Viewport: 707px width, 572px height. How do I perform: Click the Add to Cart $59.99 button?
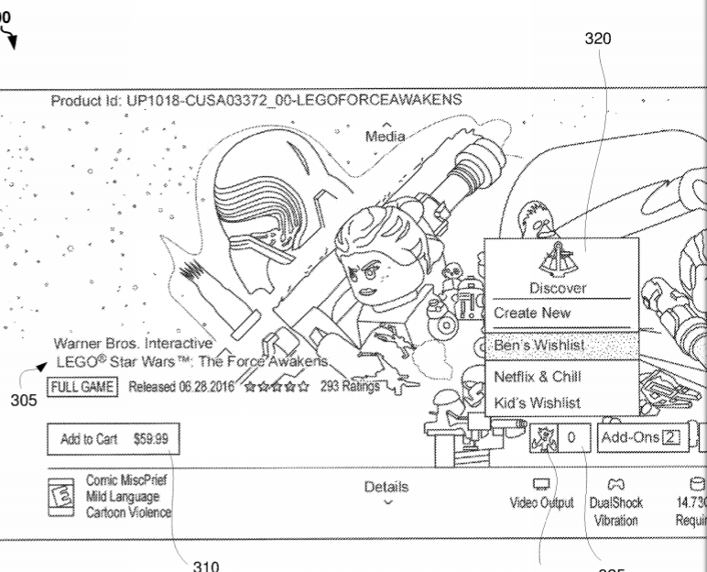click(x=114, y=439)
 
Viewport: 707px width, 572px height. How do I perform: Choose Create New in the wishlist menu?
click(x=532, y=313)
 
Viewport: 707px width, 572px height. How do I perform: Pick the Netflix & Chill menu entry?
click(x=538, y=376)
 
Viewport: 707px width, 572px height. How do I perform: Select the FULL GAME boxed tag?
click(x=83, y=386)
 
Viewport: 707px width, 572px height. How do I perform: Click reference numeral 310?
click(x=210, y=566)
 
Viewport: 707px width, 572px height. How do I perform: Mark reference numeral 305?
click(x=16, y=400)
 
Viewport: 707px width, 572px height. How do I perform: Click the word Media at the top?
click(x=386, y=136)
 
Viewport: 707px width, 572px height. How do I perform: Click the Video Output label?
click(x=544, y=502)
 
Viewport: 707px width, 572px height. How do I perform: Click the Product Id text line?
click(x=256, y=99)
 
